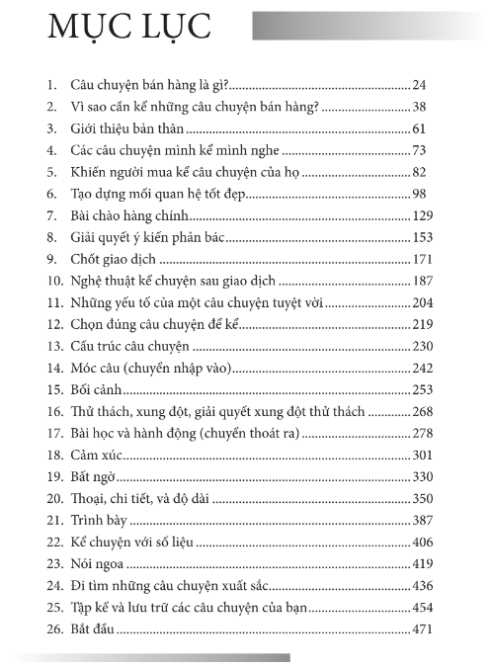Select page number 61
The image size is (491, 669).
pyautogui.click(x=419, y=129)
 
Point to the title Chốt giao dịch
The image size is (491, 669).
pyautogui.click(x=115, y=259)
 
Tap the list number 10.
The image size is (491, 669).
pyautogui.click(x=53, y=281)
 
